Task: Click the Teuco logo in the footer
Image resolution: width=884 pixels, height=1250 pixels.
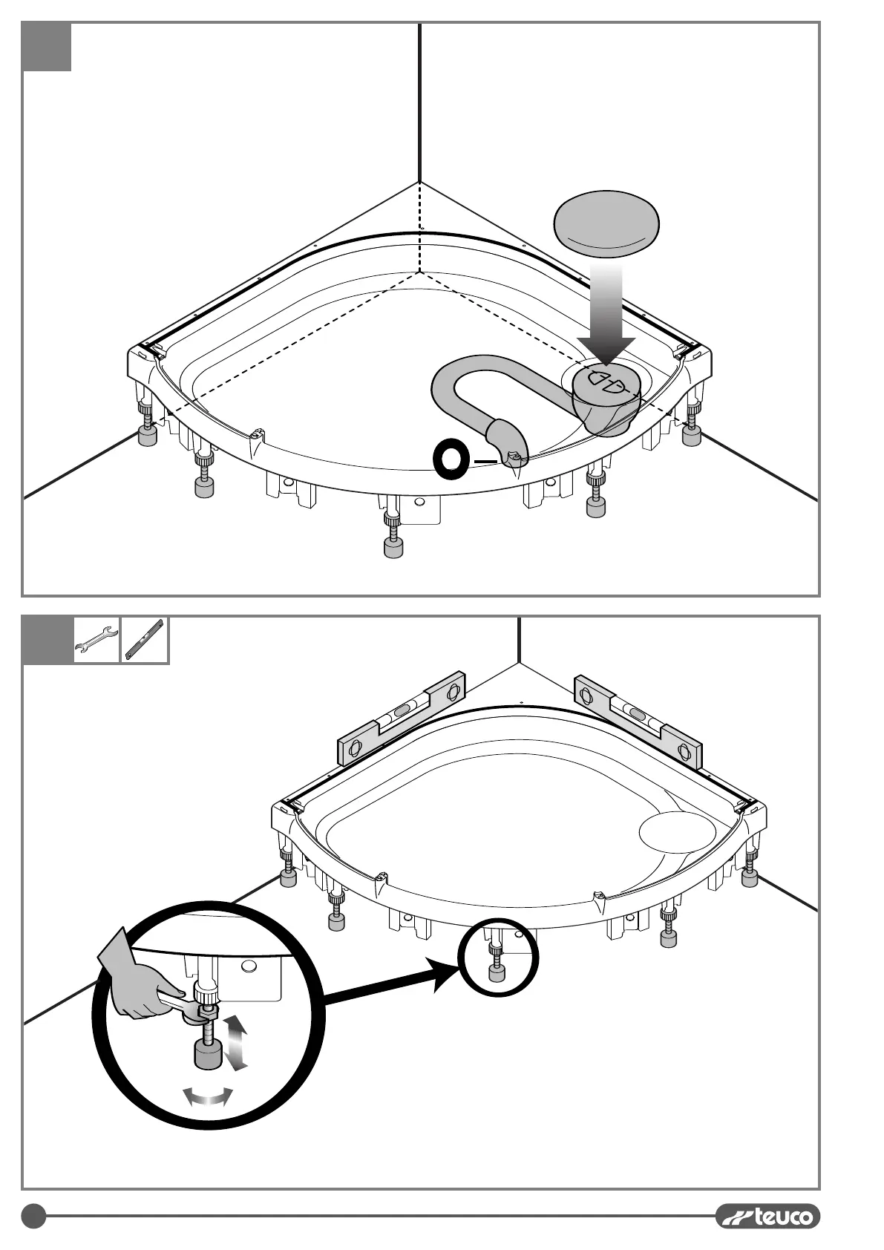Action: pyautogui.click(x=768, y=1215)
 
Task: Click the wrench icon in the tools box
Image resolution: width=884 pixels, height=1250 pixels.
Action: pyautogui.click(x=96, y=640)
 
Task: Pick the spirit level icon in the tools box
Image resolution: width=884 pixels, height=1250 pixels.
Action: pyautogui.click(x=144, y=640)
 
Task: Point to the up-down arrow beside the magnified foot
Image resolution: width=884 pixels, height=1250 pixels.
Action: pyautogui.click(x=236, y=1044)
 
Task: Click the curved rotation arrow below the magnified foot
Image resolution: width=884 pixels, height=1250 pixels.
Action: pyautogui.click(x=209, y=1097)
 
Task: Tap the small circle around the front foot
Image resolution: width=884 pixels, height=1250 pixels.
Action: pyautogui.click(x=497, y=957)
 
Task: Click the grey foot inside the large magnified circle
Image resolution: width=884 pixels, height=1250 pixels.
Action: pyautogui.click(x=207, y=1054)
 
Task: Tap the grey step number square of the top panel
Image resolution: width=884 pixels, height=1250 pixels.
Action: pyautogui.click(x=47, y=47)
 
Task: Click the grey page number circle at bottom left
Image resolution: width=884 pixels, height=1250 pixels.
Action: pyautogui.click(x=33, y=1216)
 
